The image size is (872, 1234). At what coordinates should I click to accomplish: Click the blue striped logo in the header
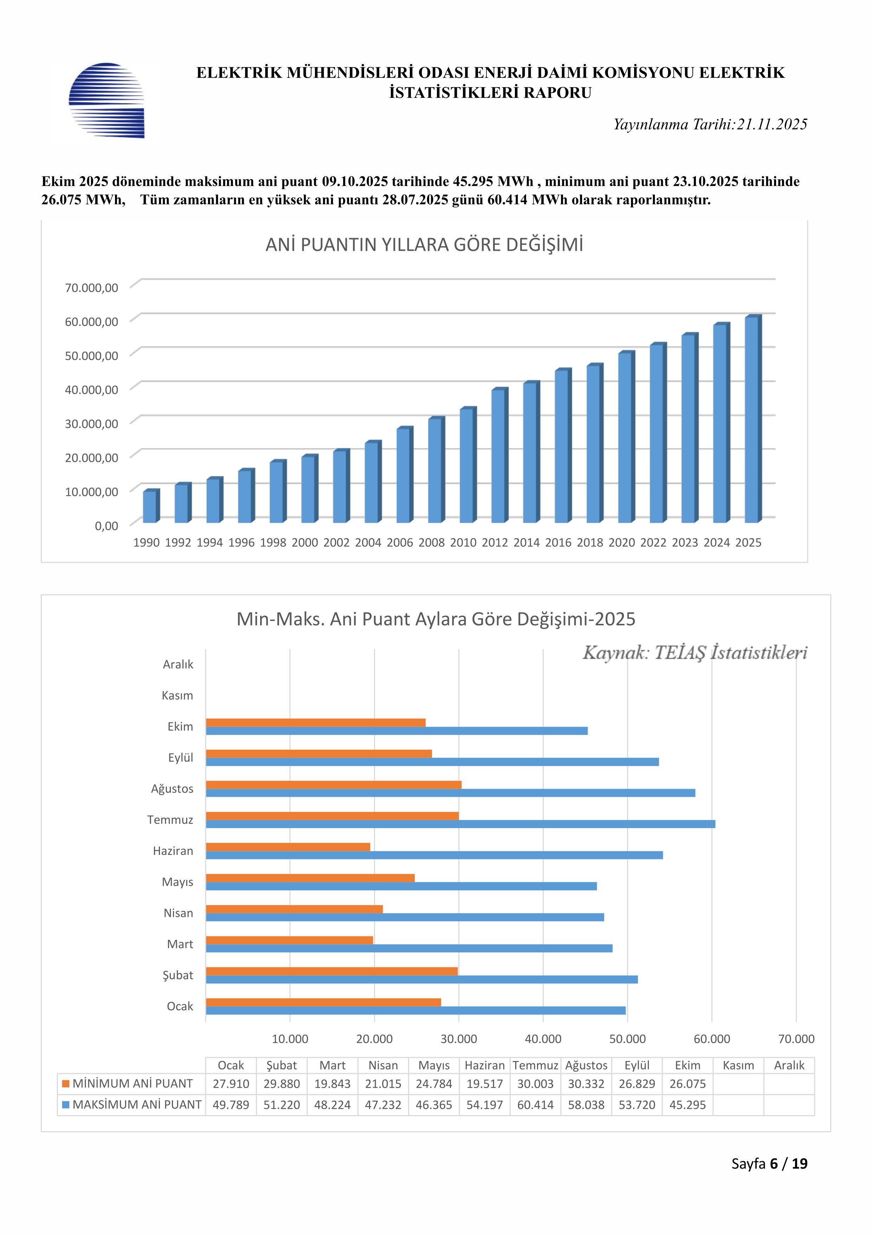pyautogui.click(x=106, y=101)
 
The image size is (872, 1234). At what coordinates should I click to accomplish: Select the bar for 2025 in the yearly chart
pyautogui.click(x=752, y=419)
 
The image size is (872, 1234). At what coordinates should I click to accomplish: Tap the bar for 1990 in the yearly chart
pyautogui.click(x=150, y=506)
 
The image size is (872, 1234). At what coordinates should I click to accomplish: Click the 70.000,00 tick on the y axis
pyautogui.click(x=91, y=288)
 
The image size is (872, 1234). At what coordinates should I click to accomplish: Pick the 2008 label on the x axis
pyautogui.click(x=432, y=543)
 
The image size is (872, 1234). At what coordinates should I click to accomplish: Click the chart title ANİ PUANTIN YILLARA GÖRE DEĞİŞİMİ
pyautogui.click(x=424, y=245)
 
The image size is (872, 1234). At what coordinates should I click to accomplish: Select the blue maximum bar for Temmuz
pyautogui.click(x=460, y=824)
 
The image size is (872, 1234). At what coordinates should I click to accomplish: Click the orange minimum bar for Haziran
pyautogui.click(x=288, y=847)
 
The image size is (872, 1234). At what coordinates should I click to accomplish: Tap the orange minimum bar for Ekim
pyautogui.click(x=315, y=722)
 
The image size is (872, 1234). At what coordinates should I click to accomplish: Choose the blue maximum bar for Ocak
pyautogui.click(x=415, y=1010)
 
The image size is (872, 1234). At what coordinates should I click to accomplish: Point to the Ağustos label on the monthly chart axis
pyautogui.click(x=172, y=789)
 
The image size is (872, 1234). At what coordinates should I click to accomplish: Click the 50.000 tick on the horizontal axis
pyautogui.click(x=627, y=1039)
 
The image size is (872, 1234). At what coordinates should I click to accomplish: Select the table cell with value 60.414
pyautogui.click(x=535, y=1105)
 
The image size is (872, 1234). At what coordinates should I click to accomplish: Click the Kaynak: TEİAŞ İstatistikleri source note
pyautogui.click(x=695, y=653)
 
